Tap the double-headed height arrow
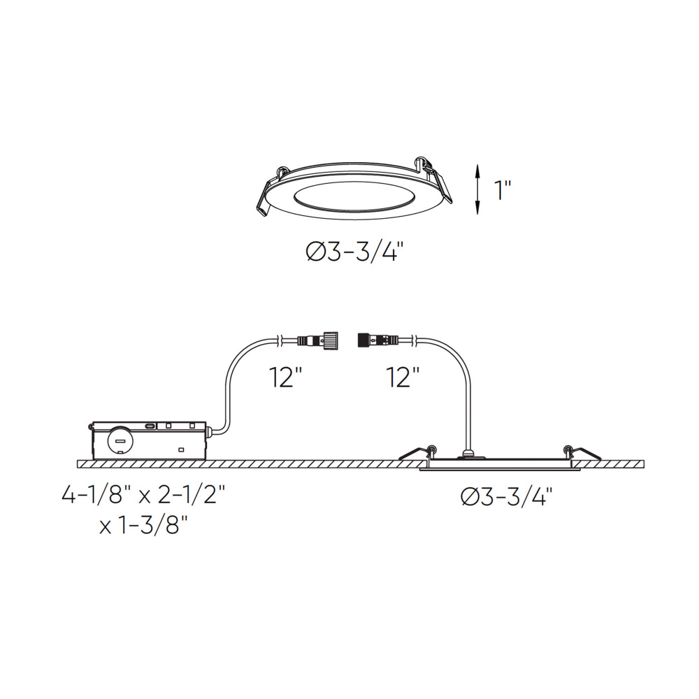pos(477,189)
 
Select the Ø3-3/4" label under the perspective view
pos(355,252)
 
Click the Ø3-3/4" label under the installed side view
pos(506,496)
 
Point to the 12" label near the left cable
pos(286,377)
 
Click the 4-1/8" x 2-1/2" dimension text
pos(143,495)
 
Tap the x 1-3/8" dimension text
pos(143,525)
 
